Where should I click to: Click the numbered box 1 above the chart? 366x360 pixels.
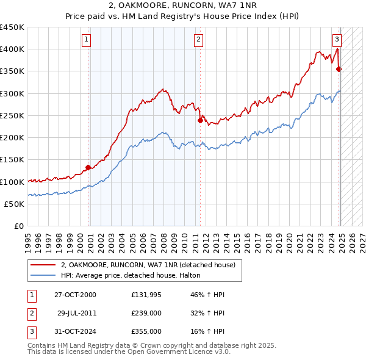[86, 40]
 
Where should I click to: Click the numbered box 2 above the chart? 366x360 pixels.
[199, 40]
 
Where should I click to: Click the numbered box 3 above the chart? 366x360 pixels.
[337, 40]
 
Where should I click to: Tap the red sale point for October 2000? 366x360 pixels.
[88, 167]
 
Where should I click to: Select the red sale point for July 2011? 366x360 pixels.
[200, 120]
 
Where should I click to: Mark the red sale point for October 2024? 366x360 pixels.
[339, 69]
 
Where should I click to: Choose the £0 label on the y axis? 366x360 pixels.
[18, 226]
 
